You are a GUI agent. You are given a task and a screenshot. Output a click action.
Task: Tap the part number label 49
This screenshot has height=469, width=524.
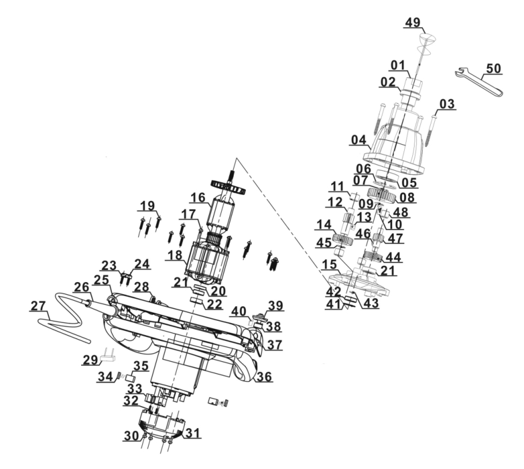click(413, 23)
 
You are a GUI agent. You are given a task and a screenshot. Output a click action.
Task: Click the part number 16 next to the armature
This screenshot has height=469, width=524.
click(198, 198)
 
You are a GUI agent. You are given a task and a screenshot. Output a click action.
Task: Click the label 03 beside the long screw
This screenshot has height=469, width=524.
click(447, 104)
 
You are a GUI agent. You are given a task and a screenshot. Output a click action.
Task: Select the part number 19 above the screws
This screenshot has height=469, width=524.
click(148, 205)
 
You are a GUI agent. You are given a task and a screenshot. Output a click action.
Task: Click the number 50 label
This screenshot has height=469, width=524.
click(493, 68)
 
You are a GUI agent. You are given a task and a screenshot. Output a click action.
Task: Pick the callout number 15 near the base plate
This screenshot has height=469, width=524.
click(330, 265)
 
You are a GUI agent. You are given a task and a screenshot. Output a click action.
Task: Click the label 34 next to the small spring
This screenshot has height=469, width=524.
click(104, 377)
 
